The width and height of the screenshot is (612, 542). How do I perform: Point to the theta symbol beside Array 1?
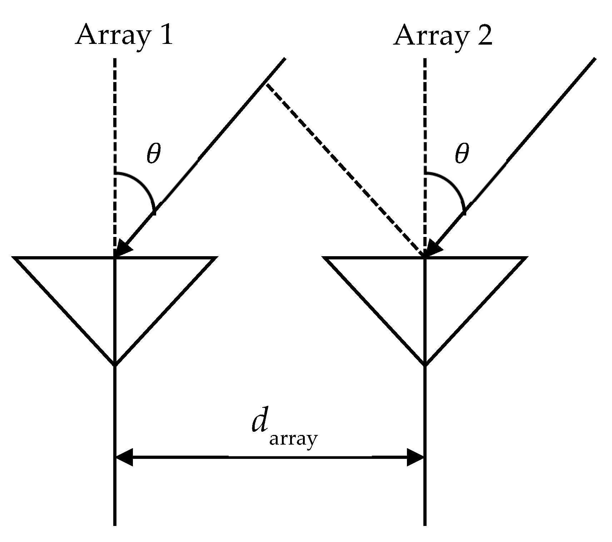[x=154, y=154]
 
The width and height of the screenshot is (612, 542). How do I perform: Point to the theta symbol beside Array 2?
[x=461, y=154]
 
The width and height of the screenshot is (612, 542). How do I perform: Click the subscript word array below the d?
[x=293, y=439]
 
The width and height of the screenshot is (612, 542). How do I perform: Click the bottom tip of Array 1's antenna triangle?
[x=115, y=365]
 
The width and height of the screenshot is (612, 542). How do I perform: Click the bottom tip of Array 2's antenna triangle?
[x=425, y=365]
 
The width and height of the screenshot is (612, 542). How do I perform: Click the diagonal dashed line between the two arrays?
[x=343, y=168]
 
